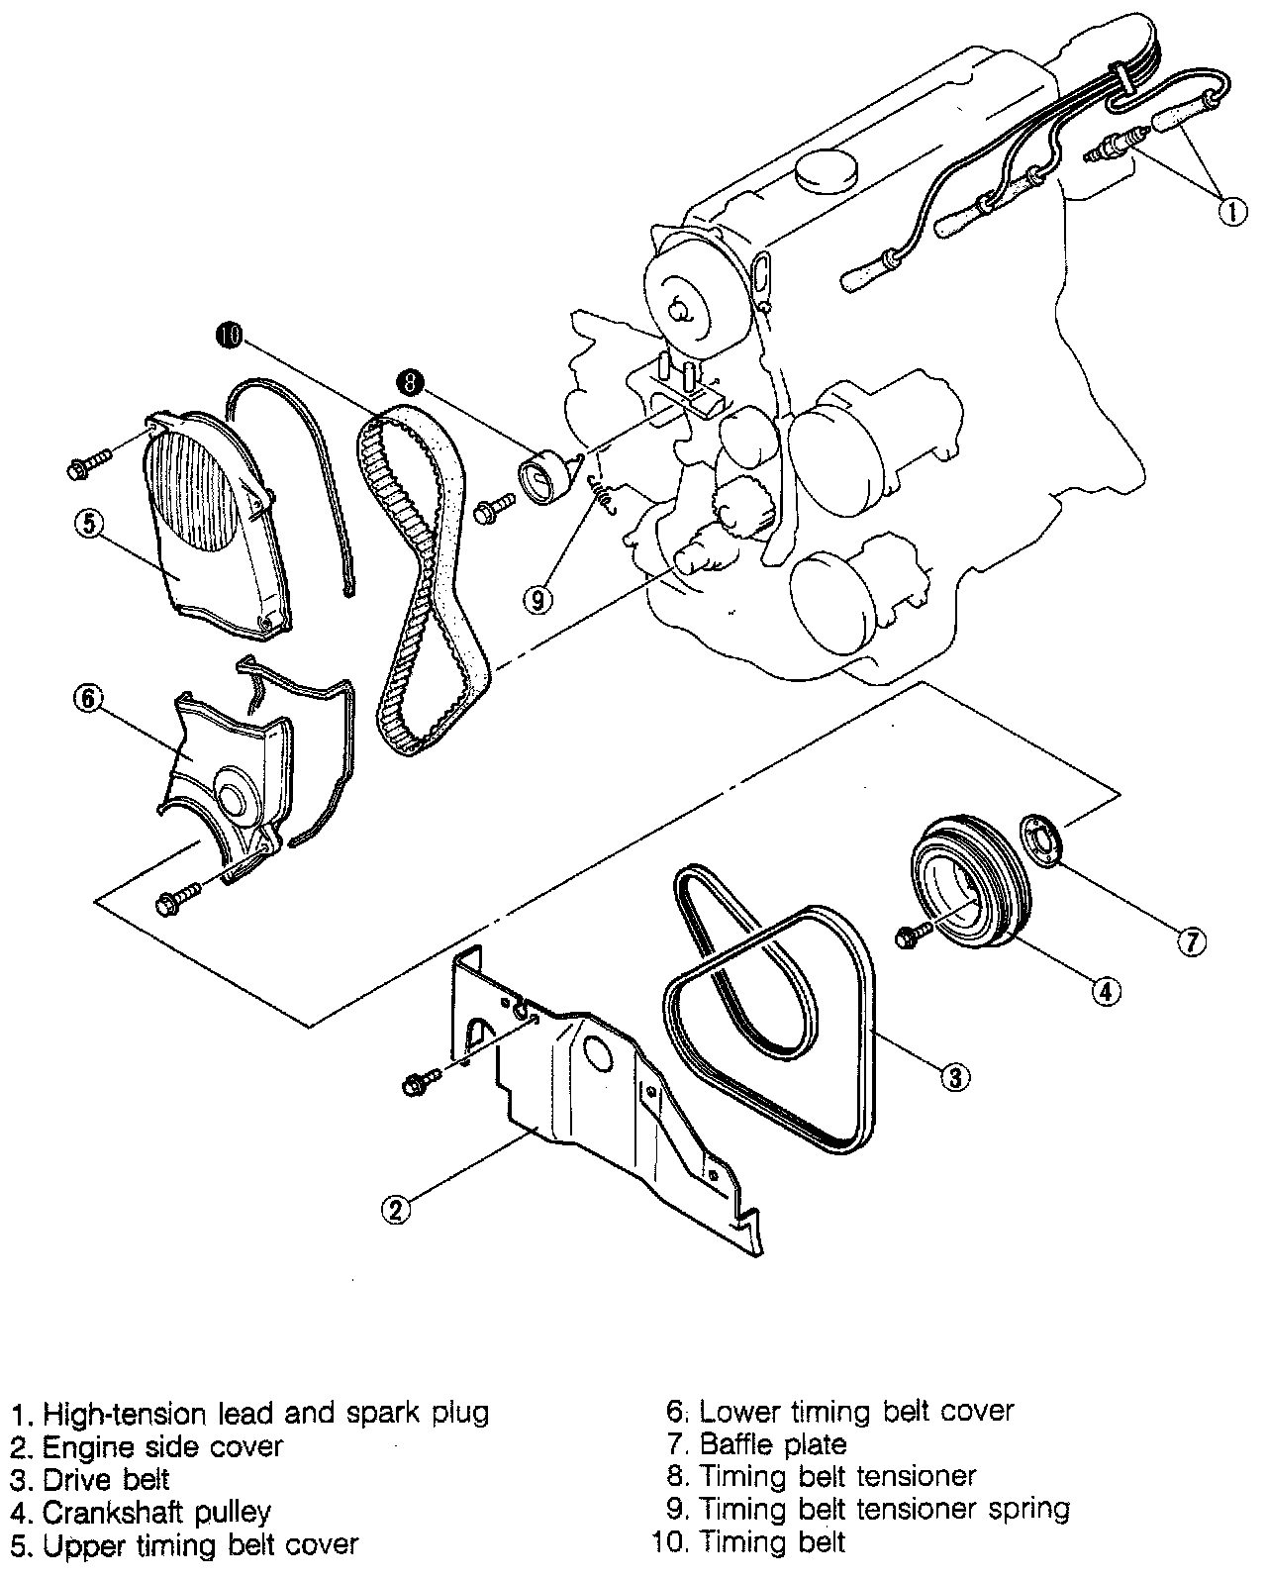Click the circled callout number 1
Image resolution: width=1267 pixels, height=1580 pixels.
pyautogui.click(x=1231, y=211)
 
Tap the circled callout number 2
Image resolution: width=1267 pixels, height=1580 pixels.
pyautogui.click(x=395, y=1209)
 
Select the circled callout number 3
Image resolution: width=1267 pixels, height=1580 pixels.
pyautogui.click(x=954, y=1076)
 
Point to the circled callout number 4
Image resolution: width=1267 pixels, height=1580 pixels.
pyautogui.click(x=1106, y=988)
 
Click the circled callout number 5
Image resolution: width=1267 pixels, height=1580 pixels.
pyautogui.click(x=87, y=524)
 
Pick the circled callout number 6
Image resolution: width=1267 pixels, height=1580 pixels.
pyautogui.click(x=87, y=698)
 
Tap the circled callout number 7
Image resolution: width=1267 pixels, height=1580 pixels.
pyautogui.click(x=1191, y=941)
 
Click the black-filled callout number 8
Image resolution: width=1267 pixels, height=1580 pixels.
pyautogui.click(x=408, y=379)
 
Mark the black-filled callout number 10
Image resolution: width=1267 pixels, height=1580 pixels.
pyautogui.click(x=229, y=337)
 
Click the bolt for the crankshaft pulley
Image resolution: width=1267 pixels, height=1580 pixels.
pyautogui.click(x=913, y=935)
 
